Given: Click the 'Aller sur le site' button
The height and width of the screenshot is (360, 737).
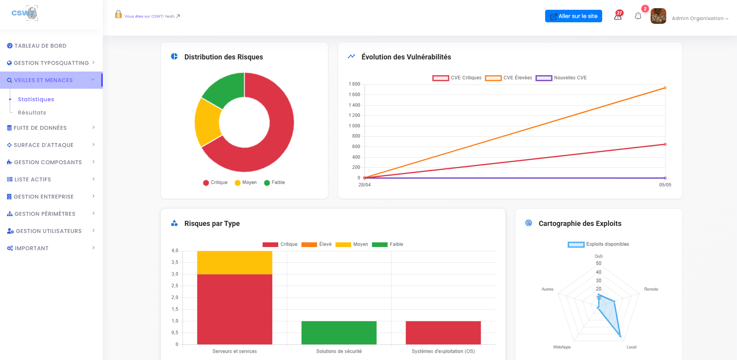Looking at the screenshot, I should [573, 16].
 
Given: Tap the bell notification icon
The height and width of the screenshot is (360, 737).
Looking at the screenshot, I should [638, 16].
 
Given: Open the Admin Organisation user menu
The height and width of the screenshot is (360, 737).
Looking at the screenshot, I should [699, 18].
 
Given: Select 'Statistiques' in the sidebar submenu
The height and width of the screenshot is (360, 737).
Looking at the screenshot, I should [36, 99].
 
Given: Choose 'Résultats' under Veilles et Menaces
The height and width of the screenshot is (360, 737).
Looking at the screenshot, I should [32, 113].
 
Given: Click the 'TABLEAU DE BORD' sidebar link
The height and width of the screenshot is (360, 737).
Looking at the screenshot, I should [40, 46].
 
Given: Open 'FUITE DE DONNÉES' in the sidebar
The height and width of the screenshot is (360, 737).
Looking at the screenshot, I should [40, 128].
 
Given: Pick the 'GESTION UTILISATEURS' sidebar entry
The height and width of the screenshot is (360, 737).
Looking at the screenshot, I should [48, 231].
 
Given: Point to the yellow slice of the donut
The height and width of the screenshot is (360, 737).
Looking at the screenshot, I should [208, 122].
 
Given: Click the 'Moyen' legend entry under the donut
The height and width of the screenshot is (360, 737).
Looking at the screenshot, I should [246, 183].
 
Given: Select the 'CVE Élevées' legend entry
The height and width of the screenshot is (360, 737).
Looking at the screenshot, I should [509, 78].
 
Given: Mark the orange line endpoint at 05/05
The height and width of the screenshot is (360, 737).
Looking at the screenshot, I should [665, 88].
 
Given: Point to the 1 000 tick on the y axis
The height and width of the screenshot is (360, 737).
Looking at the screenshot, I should [354, 126].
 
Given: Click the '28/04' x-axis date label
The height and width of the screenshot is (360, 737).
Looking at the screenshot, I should [364, 185].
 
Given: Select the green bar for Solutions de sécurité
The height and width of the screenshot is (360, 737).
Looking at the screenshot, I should [339, 333].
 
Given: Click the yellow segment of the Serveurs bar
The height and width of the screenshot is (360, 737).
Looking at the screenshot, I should [234, 262].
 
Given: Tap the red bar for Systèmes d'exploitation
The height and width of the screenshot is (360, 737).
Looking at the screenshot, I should [443, 333].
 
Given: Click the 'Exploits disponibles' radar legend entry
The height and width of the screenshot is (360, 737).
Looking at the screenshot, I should [598, 244].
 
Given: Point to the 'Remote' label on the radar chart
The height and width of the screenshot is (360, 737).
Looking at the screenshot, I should [651, 289].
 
